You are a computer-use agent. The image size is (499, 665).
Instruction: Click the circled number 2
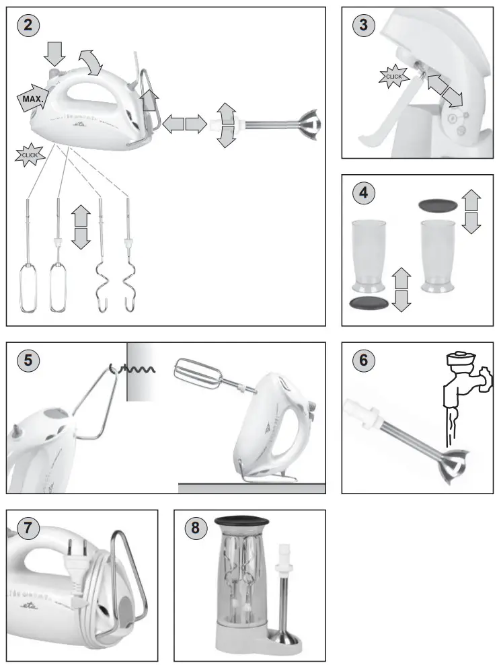28,26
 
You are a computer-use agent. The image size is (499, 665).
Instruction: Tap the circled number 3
363,26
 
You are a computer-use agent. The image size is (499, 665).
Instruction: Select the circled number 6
363,360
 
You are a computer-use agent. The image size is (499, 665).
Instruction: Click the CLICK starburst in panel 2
30,155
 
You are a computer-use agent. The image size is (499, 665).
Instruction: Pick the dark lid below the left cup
369,303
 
